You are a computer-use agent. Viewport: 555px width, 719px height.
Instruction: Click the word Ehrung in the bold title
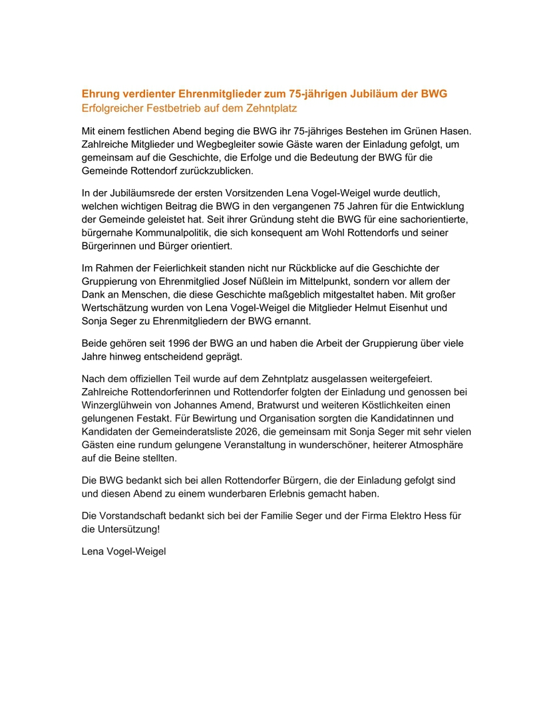tap(99, 94)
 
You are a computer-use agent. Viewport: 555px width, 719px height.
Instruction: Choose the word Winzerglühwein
tap(118, 404)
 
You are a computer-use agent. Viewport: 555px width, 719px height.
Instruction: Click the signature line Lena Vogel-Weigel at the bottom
tap(123, 551)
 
